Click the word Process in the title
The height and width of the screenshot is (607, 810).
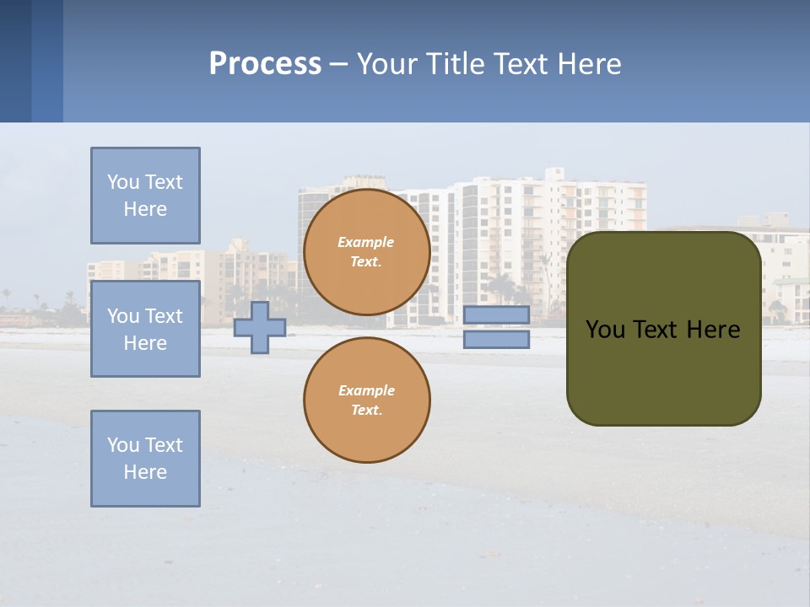coord(265,64)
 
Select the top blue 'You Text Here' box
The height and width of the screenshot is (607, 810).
coord(145,196)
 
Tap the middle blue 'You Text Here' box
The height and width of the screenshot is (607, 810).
coord(145,329)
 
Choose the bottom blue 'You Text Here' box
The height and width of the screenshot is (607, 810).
coord(145,459)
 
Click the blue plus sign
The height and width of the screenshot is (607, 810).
coord(260,327)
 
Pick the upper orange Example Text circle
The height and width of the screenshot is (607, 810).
coord(367,252)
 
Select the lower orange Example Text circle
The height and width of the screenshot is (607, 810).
coord(367,400)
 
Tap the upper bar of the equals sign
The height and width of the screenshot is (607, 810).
coord(496,315)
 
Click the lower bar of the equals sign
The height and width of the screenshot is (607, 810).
coord(496,339)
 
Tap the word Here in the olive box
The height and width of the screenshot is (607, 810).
coord(713,330)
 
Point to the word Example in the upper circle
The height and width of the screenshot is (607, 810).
coord(365,242)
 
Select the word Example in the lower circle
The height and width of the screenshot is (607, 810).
coord(366,390)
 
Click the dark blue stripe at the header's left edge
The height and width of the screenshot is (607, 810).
coord(15,61)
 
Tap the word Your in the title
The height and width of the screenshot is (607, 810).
coord(385,64)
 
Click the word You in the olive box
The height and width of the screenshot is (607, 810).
coord(605,330)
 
